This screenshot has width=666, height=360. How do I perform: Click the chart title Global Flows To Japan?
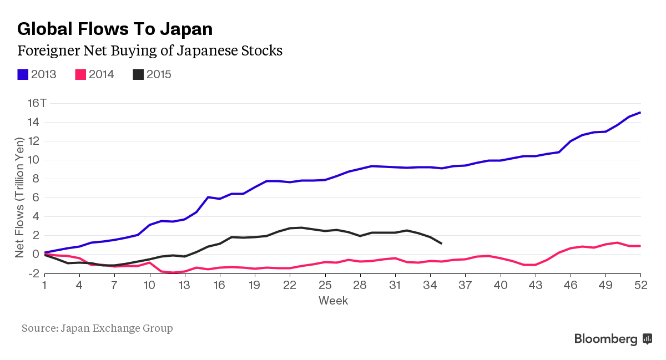point(115,29)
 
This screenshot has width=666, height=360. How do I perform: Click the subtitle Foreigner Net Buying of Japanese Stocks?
point(150,51)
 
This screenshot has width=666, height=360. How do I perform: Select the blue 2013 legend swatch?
point(23,74)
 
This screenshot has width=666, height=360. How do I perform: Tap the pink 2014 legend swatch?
point(80,74)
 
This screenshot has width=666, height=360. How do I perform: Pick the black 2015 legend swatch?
point(138,74)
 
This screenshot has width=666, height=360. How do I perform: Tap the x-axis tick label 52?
point(641,285)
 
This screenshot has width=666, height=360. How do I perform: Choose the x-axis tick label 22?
point(290,285)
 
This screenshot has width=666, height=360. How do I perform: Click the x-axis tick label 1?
point(45,285)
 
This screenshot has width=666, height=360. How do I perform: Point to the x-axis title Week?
point(333,301)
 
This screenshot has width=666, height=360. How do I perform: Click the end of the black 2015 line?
point(441,243)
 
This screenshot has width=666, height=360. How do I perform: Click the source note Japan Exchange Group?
point(97,328)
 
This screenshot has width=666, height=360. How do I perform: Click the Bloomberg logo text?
point(606,338)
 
